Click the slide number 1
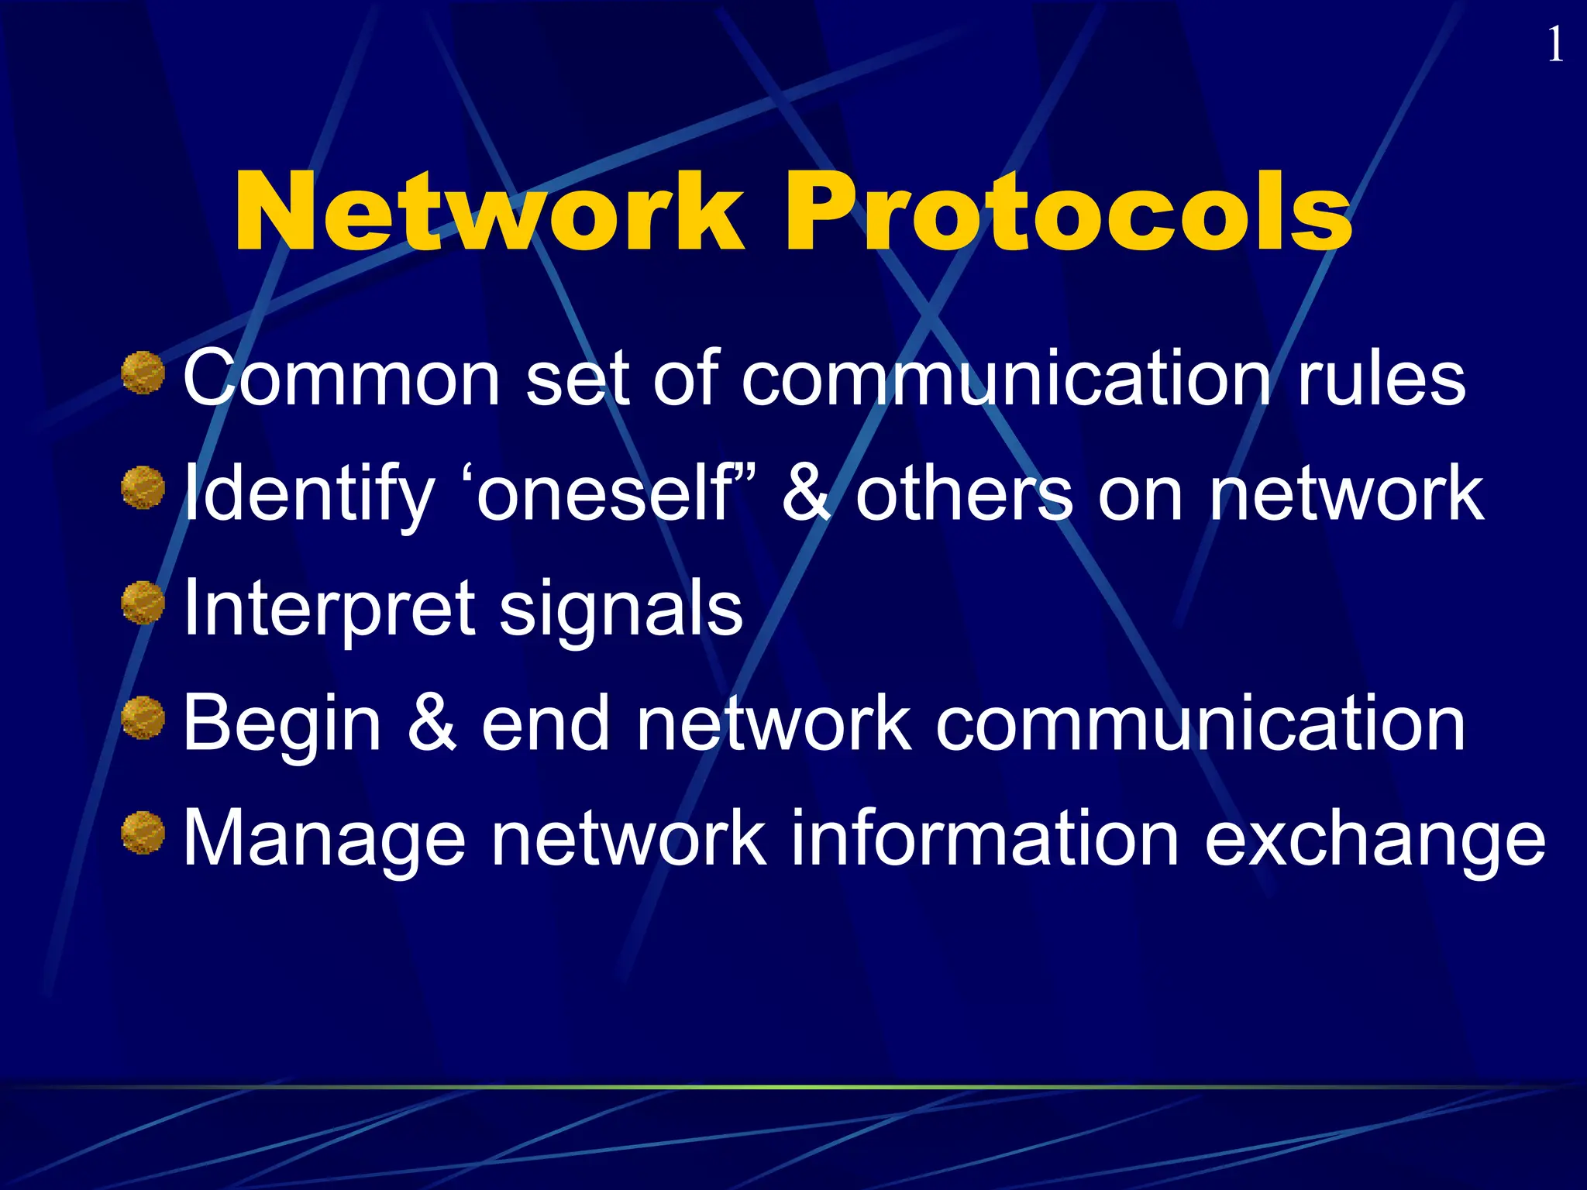pyautogui.click(x=1554, y=45)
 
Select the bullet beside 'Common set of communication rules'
pyautogui.click(x=143, y=373)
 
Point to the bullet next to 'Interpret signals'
pyautogui.click(x=143, y=604)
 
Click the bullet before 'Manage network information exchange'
pyautogui.click(x=143, y=833)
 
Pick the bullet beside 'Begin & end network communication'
pyautogui.click(x=143, y=718)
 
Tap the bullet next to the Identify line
pyautogui.click(x=143, y=488)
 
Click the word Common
pyautogui.click(x=342, y=378)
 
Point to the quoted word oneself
pyautogui.click(x=604, y=494)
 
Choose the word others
pyautogui.click(x=965, y=494)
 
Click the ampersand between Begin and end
pyautogui.click(x=432, y=724)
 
